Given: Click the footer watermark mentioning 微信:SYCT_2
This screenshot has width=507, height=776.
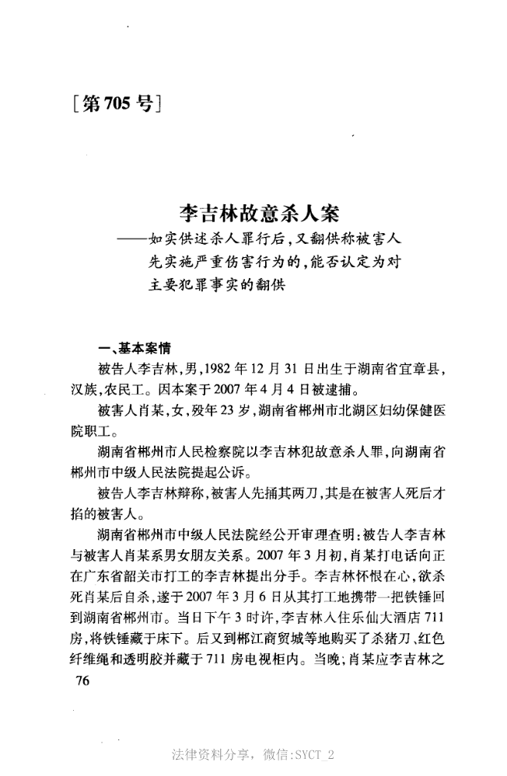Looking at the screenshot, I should (x=253, y=754).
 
